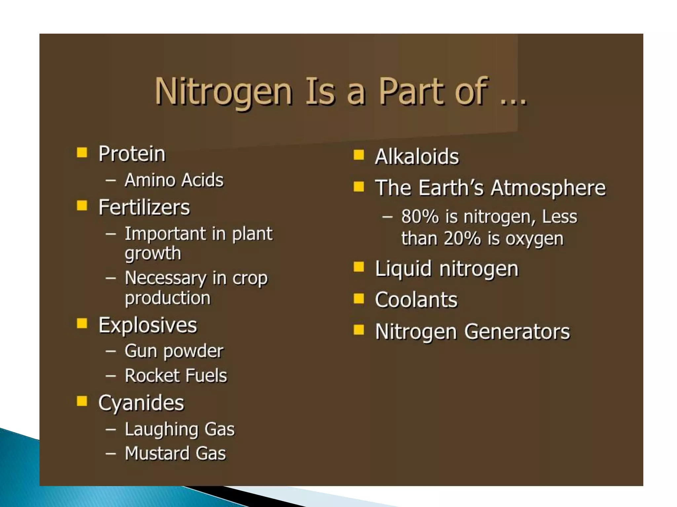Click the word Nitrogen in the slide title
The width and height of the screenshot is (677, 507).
223,91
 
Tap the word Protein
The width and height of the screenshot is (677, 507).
132,154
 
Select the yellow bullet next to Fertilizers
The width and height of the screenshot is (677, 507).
82,206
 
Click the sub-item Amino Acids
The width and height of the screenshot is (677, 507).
174,180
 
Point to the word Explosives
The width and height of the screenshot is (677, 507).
147,325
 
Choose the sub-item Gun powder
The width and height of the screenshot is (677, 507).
174,351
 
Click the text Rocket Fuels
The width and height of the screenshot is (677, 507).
176,376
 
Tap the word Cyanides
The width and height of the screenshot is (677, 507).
141,403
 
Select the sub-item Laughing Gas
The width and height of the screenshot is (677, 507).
179,429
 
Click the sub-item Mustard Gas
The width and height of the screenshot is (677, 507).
175,453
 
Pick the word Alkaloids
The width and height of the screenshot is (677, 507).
417,156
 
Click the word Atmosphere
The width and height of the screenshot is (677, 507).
548,188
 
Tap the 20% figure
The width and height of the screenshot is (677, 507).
462,238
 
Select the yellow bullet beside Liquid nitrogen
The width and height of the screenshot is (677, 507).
358,267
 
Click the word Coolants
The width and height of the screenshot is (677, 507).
416,300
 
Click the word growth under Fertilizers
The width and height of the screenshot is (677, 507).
153,253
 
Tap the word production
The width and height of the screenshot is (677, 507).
168,298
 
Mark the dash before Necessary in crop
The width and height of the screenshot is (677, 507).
110,278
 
